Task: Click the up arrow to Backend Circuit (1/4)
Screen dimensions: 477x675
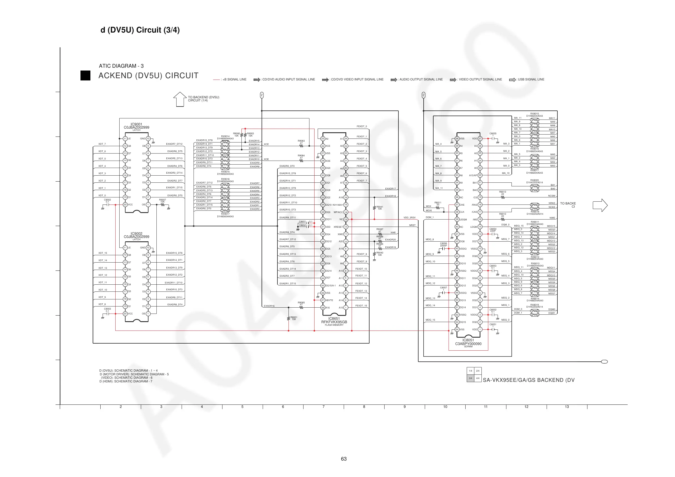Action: tap(180, 99)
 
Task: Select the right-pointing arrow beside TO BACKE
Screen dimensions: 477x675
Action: tap(600, 205)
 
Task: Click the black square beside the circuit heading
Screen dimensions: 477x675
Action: tap(85, 76)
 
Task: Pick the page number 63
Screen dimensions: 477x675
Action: tap(344, 459)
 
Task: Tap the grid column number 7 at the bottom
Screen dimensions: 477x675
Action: tap(323, 407)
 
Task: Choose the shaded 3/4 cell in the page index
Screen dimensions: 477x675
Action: tap(470, 378)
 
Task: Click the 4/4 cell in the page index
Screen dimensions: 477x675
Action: tap(478, 378)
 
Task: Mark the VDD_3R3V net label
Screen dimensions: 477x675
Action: tap(409, 218)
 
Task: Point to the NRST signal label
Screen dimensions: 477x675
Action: tap(413, 225)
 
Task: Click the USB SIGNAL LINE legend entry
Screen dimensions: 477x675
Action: tap(527, 79)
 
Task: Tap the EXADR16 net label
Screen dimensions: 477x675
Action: tap(269, 306)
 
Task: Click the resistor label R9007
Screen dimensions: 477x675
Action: tap(162, 200)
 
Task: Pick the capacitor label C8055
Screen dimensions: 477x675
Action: tap(493, 133)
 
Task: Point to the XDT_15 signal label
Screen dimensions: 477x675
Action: tap(103, 253)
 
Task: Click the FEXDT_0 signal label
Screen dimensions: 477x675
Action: tap(362, 126)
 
